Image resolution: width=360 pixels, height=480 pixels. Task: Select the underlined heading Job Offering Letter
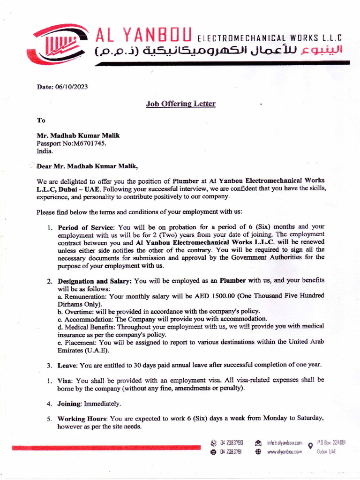click(181, 104)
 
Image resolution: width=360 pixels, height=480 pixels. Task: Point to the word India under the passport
click(45, 151)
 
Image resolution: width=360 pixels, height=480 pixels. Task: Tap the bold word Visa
click(65, 380)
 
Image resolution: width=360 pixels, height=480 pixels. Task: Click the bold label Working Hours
click(82, 418)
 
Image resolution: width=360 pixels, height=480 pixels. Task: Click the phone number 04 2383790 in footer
click(232, 442)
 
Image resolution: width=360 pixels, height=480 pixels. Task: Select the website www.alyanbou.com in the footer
click(285, 451)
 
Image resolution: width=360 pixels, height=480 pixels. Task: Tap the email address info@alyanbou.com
click(285, 442)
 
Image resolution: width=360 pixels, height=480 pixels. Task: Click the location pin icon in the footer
click(310, 446)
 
